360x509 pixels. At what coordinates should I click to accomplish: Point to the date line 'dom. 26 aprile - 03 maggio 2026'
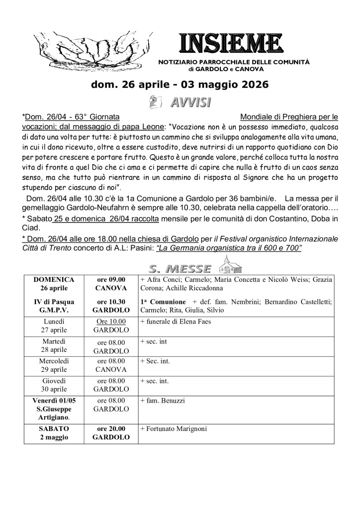pos(180,85)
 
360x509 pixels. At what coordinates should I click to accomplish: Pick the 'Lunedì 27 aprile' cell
pos(54,326)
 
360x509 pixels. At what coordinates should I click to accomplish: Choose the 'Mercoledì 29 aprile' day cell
pos(54,365)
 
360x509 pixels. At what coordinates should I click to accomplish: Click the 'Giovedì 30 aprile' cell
pos(54,385)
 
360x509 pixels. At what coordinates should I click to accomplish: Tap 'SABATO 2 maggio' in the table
pos(54,433)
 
